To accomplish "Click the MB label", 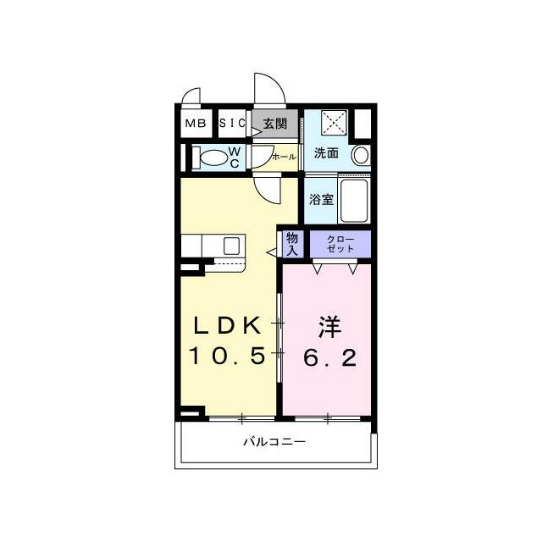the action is (196, 123).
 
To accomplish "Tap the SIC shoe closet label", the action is (232, 123).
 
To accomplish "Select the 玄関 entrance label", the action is (275, 124).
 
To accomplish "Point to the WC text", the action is (235, 158).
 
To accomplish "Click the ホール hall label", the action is (285, 157).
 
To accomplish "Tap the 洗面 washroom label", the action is (326, 152).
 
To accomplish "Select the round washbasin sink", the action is (361, 155).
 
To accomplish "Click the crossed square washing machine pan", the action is (334, 123).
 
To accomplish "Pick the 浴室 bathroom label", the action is (321, 200).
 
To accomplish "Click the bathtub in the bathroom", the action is (354, 201).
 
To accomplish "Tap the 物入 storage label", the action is (292, 244).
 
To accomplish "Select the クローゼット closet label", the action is (340, 244).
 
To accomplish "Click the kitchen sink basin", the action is (231, 246).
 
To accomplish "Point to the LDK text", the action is (227, 325).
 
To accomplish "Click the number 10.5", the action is (227, 356).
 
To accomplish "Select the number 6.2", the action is (330, 357).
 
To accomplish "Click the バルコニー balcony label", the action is (274, 442).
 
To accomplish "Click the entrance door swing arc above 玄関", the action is (277, 80).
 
